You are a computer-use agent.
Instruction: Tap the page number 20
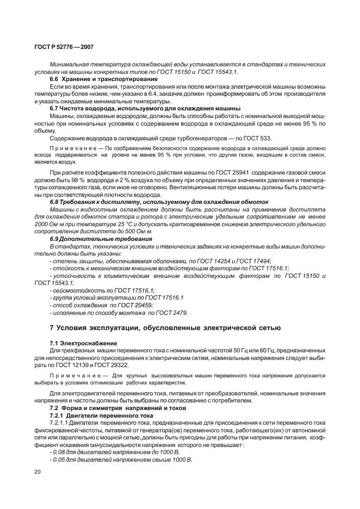[38, 471]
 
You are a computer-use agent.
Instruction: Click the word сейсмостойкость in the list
[75, 290]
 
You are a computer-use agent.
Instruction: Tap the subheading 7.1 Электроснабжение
[84, 344]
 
